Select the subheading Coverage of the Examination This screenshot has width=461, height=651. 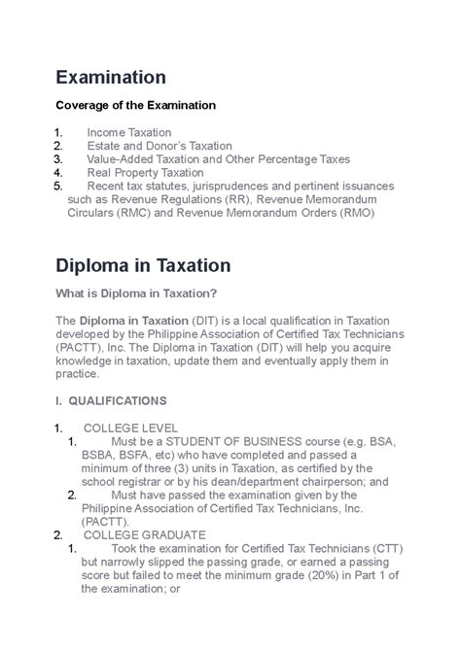coord(135,105)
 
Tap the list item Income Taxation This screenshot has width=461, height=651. coord(128,132)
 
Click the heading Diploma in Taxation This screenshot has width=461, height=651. coord(143,265)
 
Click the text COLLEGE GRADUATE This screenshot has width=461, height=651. coord(144,534)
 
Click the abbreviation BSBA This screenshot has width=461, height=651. coord(87,454)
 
